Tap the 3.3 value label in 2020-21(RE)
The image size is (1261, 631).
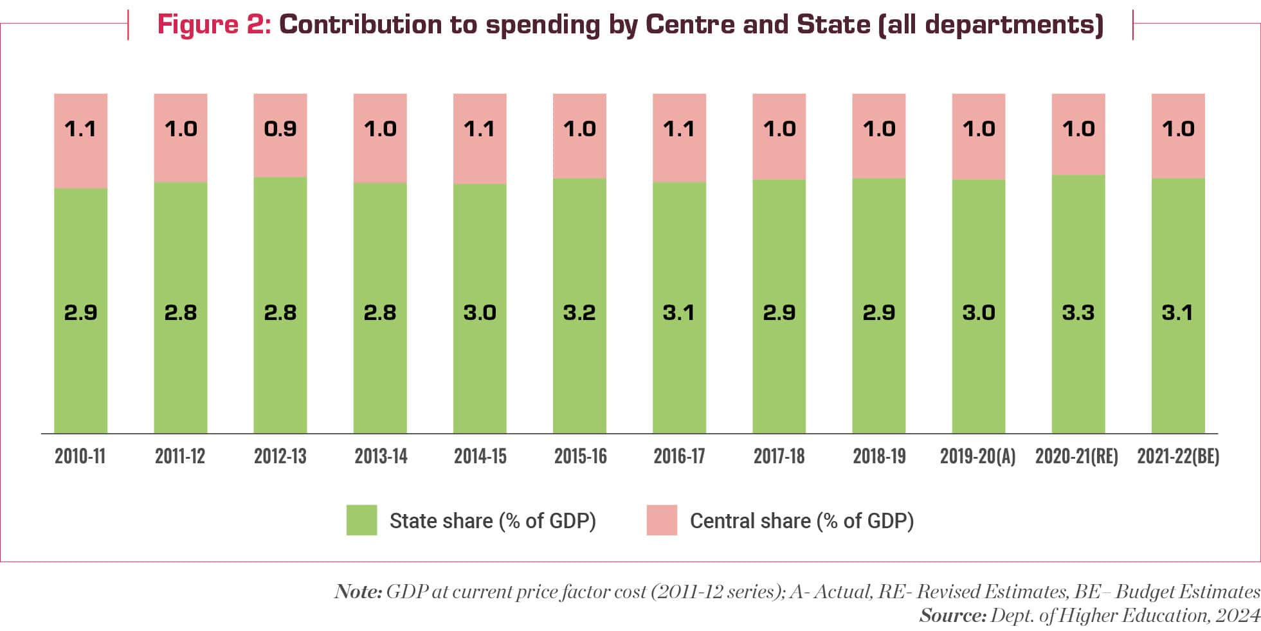[x=1078, y=313]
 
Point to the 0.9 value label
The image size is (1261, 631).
[x=280, y=129]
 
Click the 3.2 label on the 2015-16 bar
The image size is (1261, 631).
[x=579, y=313]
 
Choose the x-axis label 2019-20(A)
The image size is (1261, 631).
[x=977, y=456]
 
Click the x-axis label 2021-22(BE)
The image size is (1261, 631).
[x=1178, y=456]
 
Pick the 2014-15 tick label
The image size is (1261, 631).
[x=480, y=456]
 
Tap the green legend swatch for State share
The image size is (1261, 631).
[x=361, y=520]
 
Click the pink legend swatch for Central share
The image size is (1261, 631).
[x=662, y=520]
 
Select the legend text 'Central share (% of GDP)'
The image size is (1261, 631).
[x=801, y=520]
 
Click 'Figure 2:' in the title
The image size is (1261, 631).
[x=214, y=24]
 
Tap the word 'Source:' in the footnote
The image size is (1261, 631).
[x=952, y=616]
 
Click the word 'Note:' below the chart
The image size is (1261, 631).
[x=358, y=592]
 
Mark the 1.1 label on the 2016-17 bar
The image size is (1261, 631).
[x=679, y=129]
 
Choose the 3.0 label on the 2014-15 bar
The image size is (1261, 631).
[x=480, y=313]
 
